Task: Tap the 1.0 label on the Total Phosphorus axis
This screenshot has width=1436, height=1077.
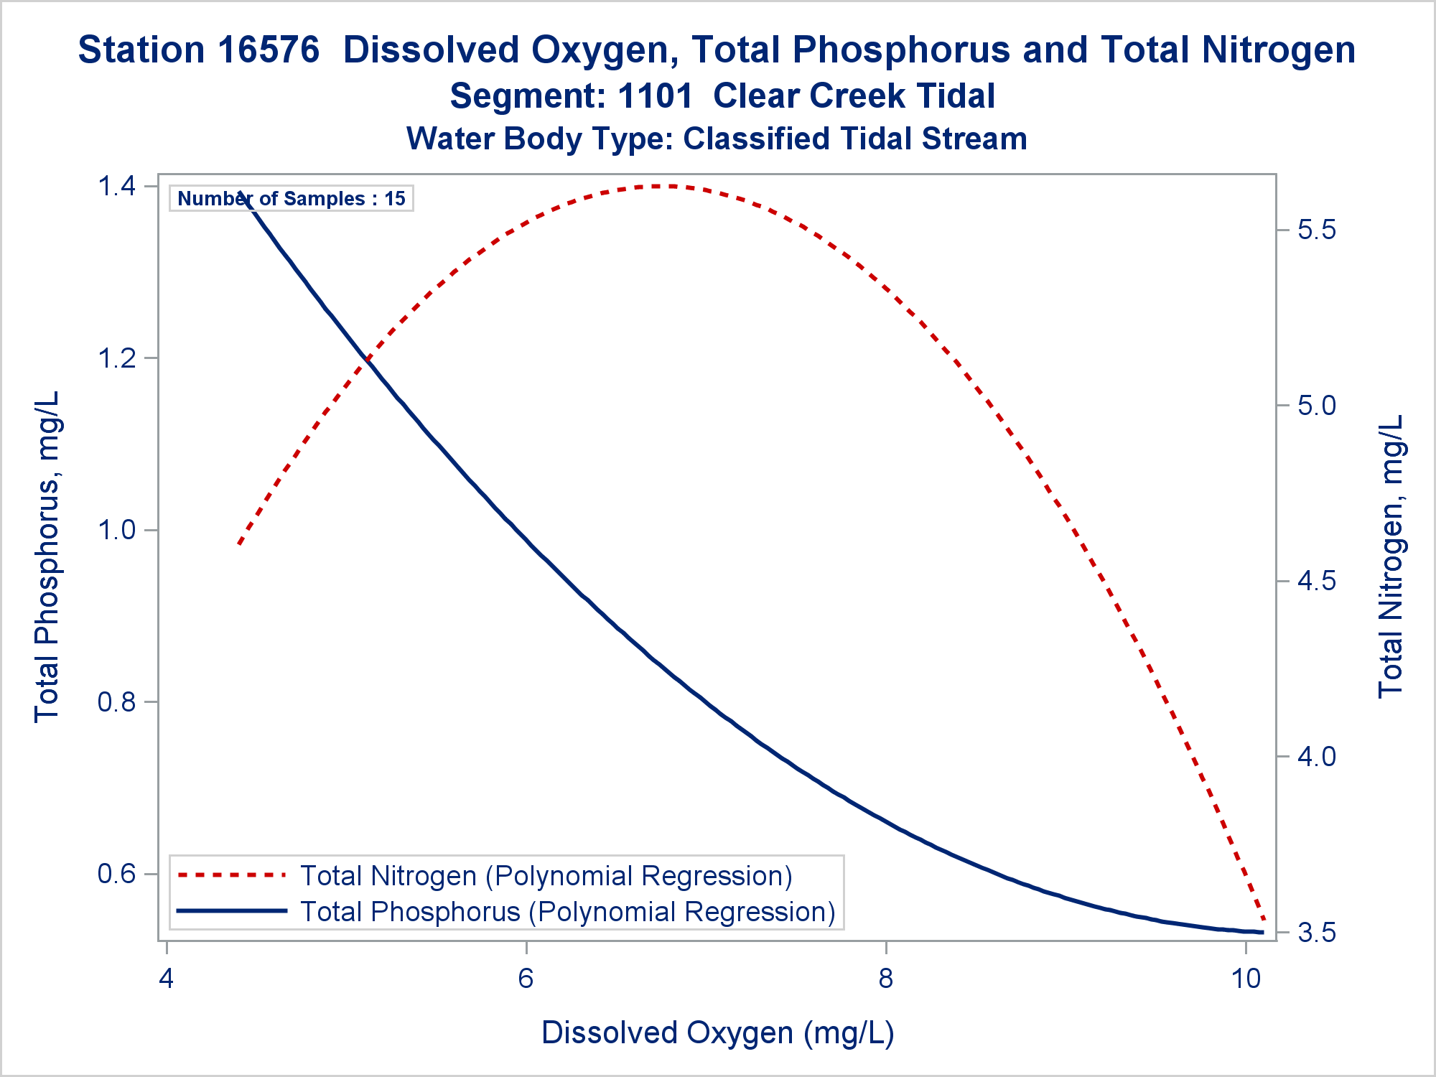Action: coord(116,531)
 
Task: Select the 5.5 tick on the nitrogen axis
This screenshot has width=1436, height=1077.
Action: coord(1317,230)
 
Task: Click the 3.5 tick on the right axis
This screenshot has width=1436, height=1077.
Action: coord(1317,933)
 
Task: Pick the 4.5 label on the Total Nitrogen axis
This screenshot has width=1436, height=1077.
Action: coord(1317,581)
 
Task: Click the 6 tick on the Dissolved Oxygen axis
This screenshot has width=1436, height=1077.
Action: coord(526,978)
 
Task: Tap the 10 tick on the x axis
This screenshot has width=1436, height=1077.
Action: coord(1246,978)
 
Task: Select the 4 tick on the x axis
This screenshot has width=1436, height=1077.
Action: coord(167,978)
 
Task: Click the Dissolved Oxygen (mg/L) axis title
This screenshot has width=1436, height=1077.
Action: coord(718,1032)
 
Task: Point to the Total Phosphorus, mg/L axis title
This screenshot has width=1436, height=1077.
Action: coord(47,556)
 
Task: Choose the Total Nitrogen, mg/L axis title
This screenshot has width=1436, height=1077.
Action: coord(1390,556)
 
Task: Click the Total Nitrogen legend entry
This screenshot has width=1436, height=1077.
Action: coord(546,876)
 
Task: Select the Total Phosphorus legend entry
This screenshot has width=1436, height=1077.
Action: coord(567,912)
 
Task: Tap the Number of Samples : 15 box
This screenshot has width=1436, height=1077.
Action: coord(292,199)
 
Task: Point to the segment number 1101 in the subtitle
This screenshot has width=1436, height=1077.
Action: coord(655,96)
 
